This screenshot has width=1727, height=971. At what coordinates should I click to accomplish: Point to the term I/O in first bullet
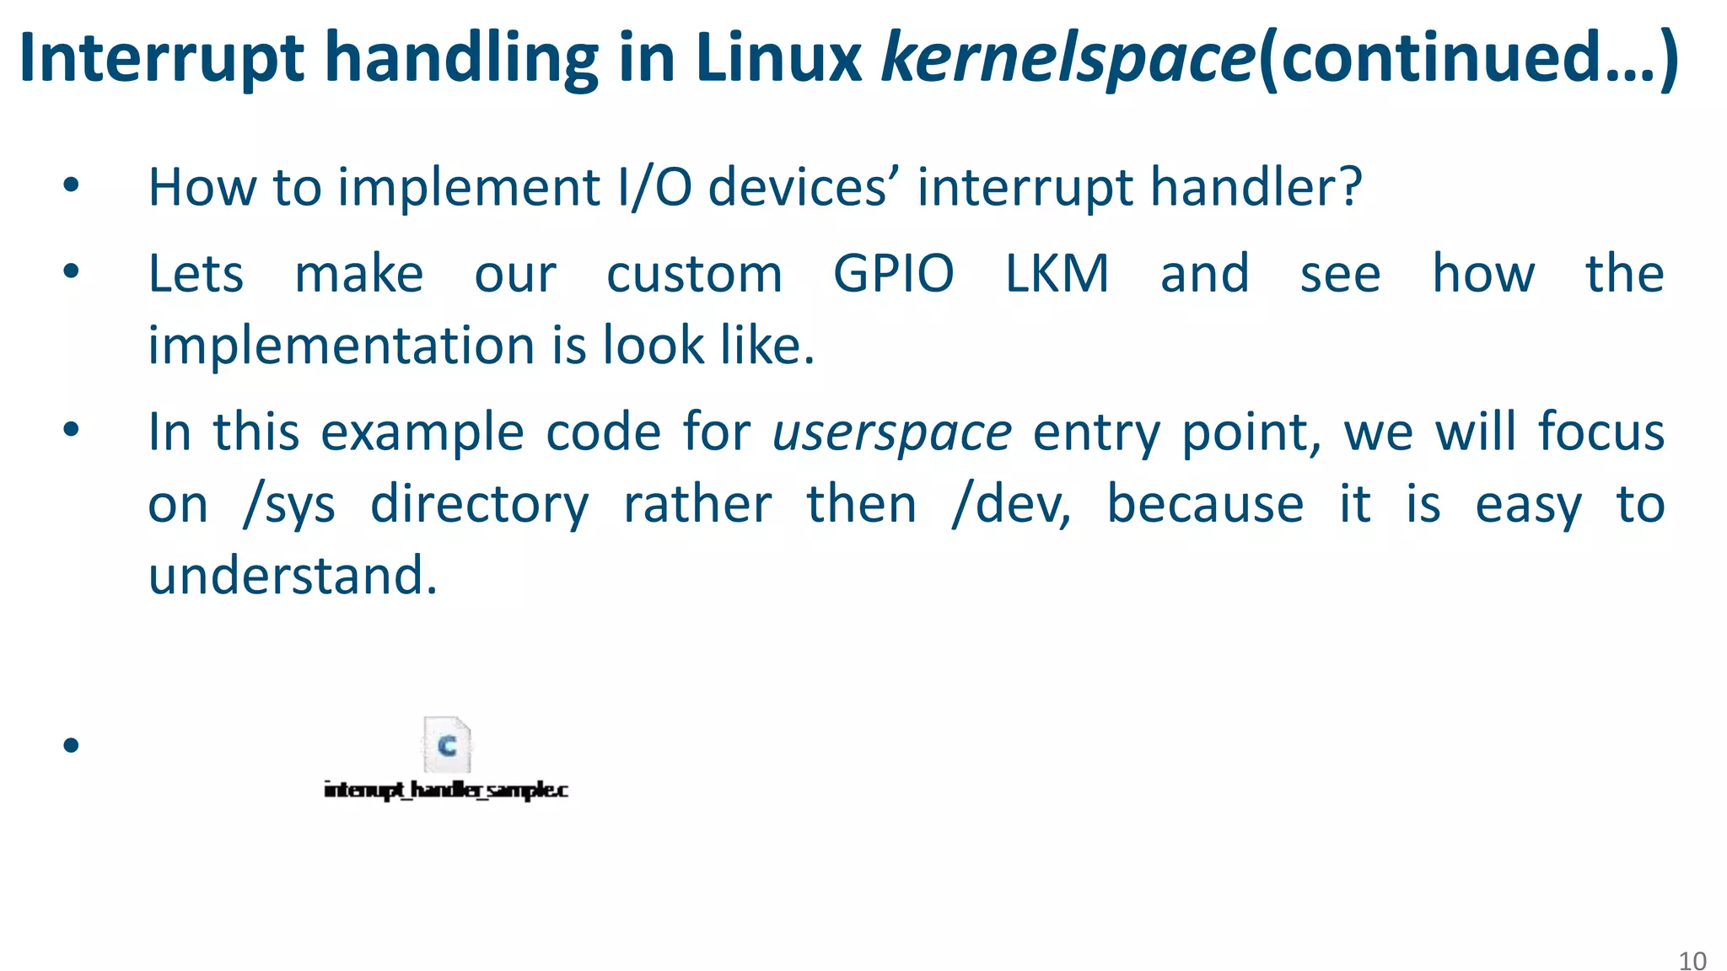[x=654, y=187]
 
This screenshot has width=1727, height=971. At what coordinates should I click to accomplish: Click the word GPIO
[x=893, y=274]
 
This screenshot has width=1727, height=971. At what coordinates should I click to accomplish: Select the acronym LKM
[x=1057, y=274]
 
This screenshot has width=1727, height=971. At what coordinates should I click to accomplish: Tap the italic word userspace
[x=891, y=433]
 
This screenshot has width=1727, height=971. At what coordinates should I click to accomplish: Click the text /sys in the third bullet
[x=288, y=506]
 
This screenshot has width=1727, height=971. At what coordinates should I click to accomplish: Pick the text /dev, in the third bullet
[x=1011, y=506]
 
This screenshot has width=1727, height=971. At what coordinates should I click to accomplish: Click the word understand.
[x=293, y=576]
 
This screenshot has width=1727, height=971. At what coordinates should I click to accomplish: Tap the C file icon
[x=447, y=744]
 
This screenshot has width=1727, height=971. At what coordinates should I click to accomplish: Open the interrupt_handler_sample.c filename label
[x=446, y=790]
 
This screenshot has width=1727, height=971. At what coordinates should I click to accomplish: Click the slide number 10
[x=1692, y=961]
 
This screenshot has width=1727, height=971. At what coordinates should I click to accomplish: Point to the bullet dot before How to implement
[x=71, y=185]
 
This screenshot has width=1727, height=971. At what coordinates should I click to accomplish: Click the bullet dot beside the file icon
[x=71, y=745]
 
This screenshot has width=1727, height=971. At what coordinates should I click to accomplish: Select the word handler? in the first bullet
[x=1256, y=187]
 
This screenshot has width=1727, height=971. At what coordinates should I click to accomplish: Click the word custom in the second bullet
[x=694, y=274]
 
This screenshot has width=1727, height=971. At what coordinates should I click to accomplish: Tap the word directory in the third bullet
[x=479, y=506]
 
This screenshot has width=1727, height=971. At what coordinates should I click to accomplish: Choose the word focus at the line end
[x=1601, y=433]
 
